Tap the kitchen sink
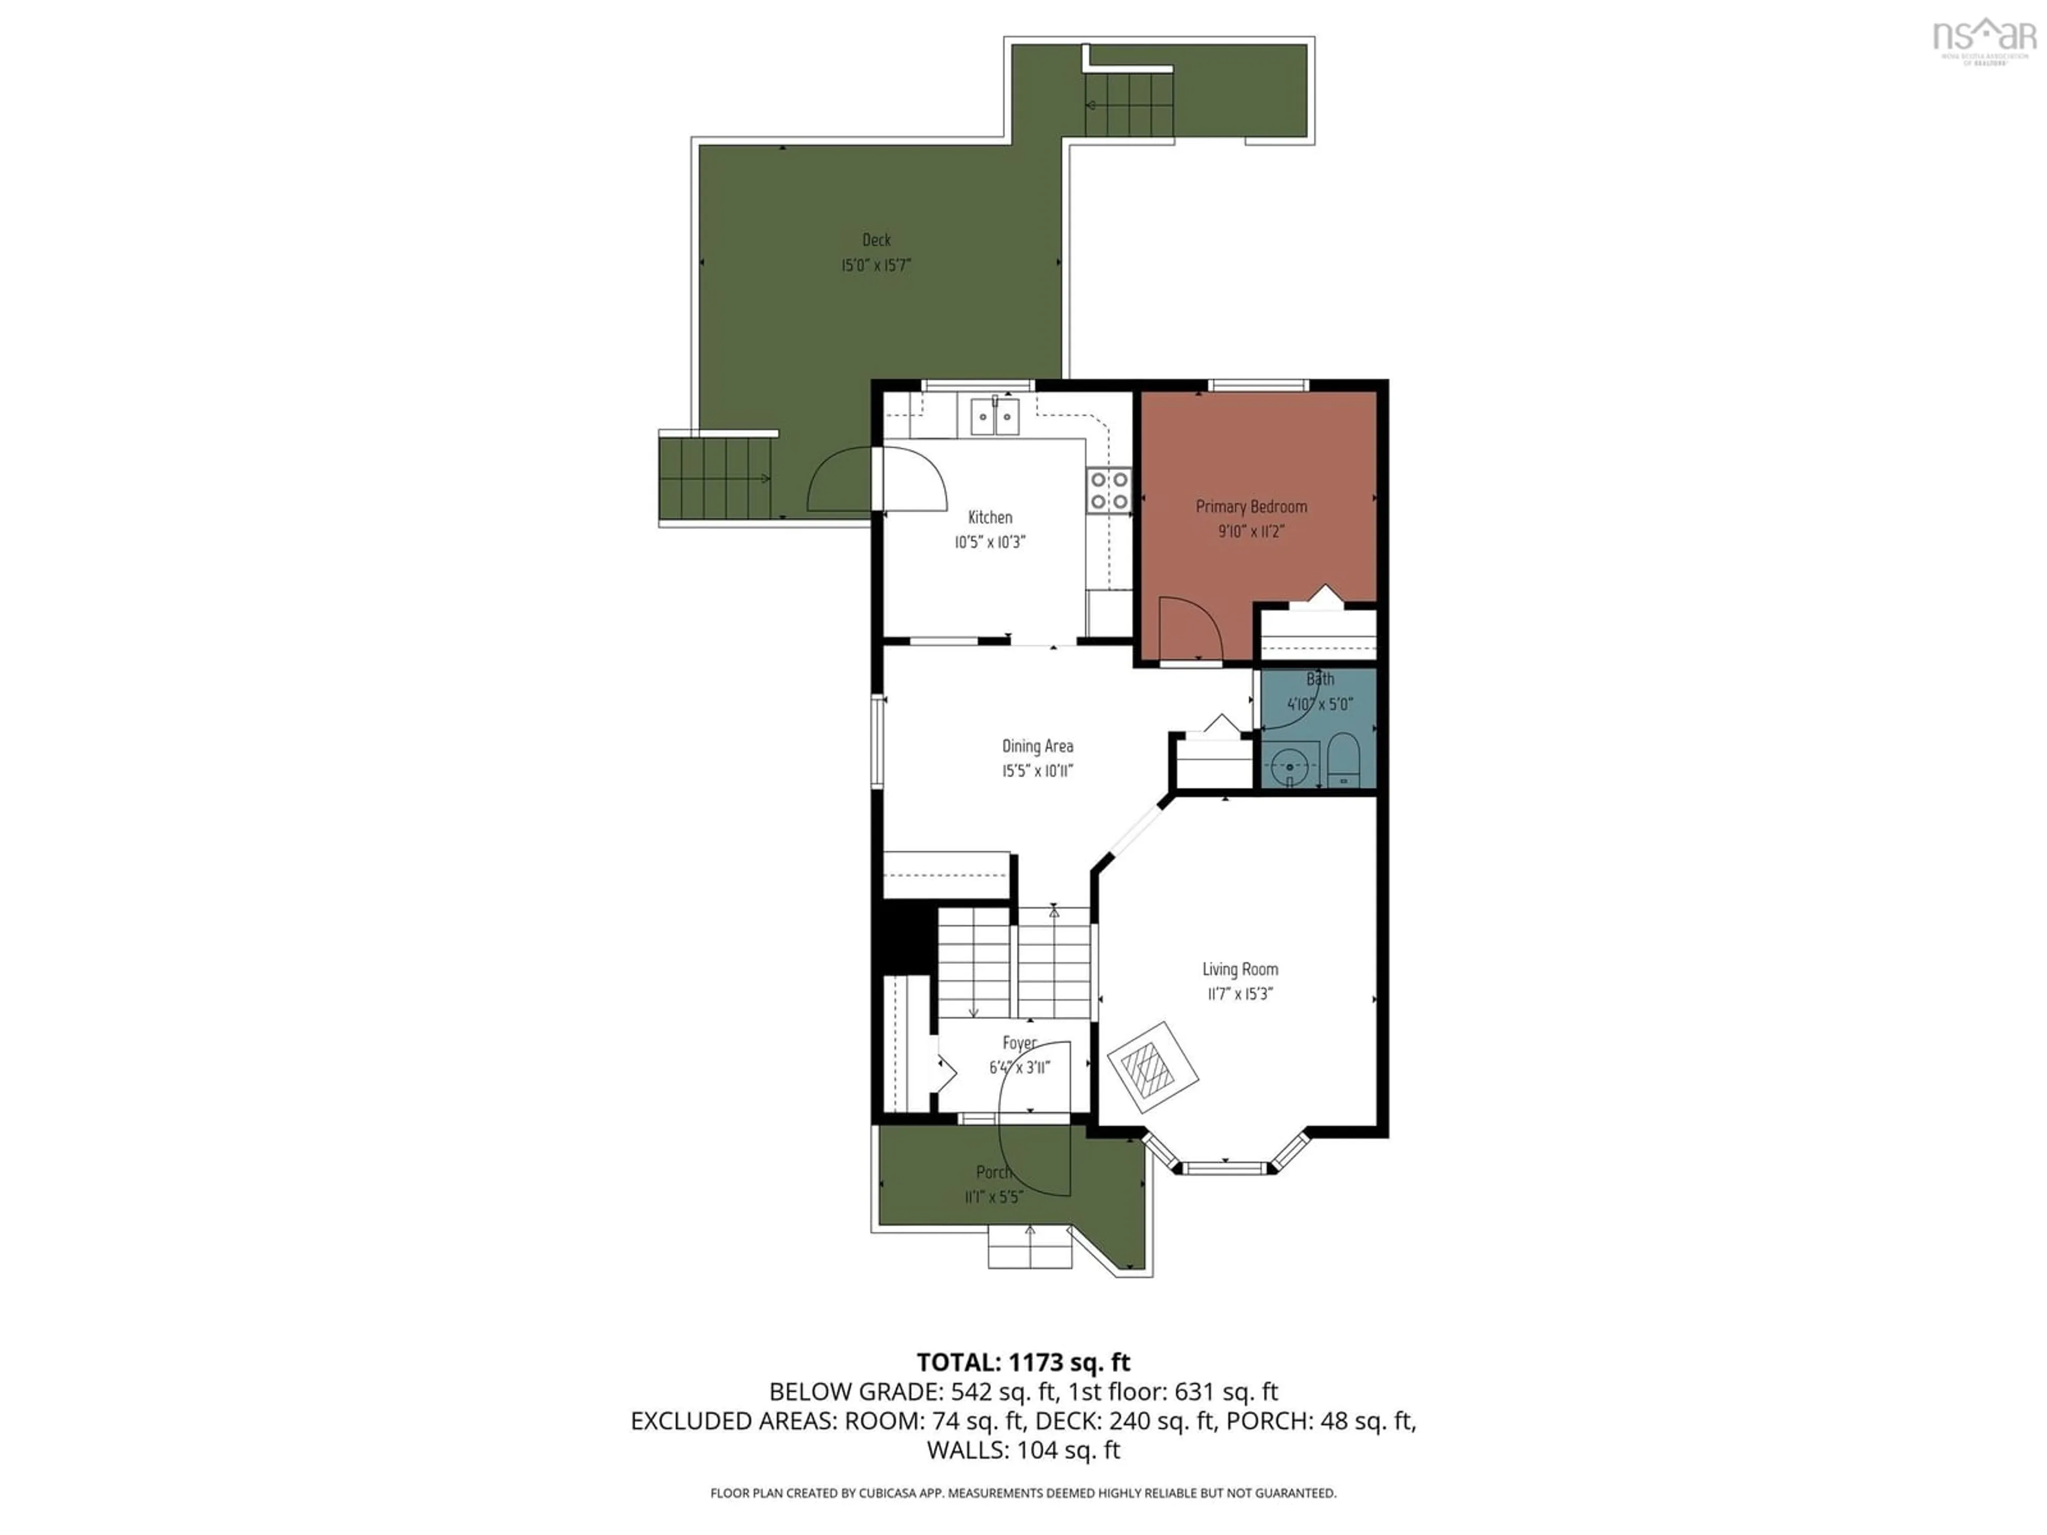995,416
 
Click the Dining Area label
1037,746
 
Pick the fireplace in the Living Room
1152,1068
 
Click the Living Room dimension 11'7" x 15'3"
1240,995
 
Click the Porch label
993,1172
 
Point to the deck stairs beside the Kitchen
714,479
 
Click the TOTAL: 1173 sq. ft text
1022,1362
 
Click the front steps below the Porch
1029,1246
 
